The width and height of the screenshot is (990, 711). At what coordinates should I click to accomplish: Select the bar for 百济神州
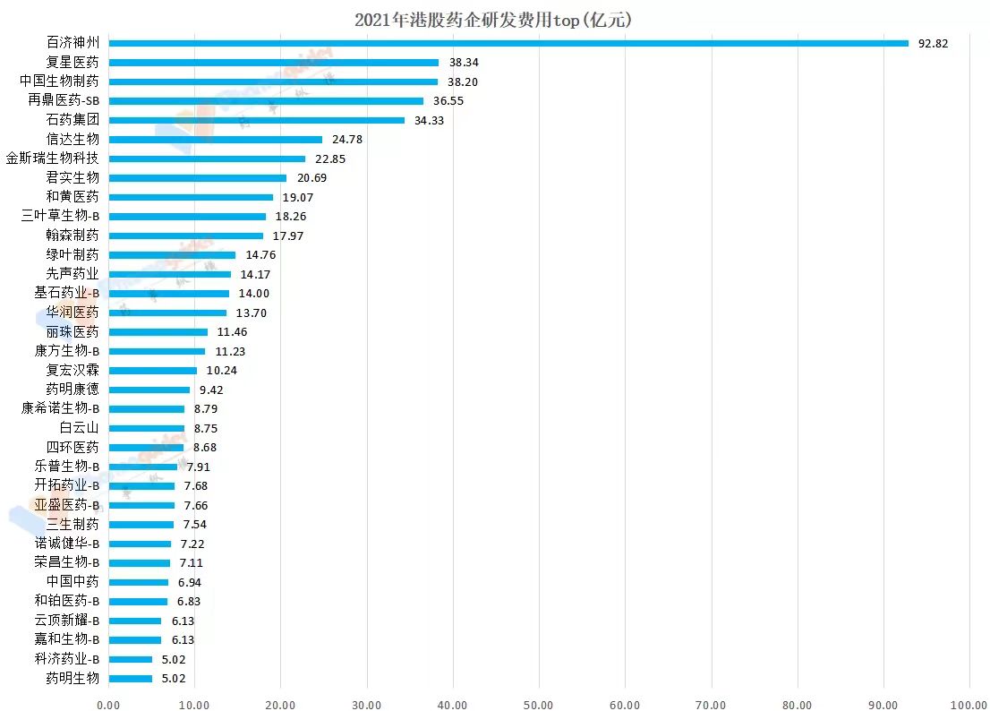[x=508, y=43]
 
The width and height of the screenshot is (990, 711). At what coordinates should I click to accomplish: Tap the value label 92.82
[x=933, y=43]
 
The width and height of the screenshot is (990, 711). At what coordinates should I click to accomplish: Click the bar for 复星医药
[x=273, y=63]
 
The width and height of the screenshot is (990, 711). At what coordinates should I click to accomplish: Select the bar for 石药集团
[x=256, y=120]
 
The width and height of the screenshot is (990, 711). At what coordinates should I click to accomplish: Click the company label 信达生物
[x=73, y=139]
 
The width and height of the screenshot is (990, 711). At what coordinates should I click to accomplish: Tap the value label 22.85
[x=329, y=158]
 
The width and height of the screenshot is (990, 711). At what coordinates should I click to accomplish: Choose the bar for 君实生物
[x=197, y=177]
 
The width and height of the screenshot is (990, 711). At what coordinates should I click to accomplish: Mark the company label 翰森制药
[x=73, y=236]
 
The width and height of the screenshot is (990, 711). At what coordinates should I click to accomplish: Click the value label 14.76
[x=260, y=254]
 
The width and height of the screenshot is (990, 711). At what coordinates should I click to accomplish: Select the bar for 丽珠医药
[x=158, y=331]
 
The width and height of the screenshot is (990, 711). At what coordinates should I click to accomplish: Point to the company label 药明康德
[x=73, y=390]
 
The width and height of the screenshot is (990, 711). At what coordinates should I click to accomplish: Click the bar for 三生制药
[x=141, y=524]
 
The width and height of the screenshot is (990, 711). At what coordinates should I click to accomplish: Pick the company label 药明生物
[x=73, y=678]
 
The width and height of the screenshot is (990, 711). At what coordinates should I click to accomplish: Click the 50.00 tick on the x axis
[x=539, y=704]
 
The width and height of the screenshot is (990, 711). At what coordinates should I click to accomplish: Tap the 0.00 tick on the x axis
[x=107, y=704]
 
